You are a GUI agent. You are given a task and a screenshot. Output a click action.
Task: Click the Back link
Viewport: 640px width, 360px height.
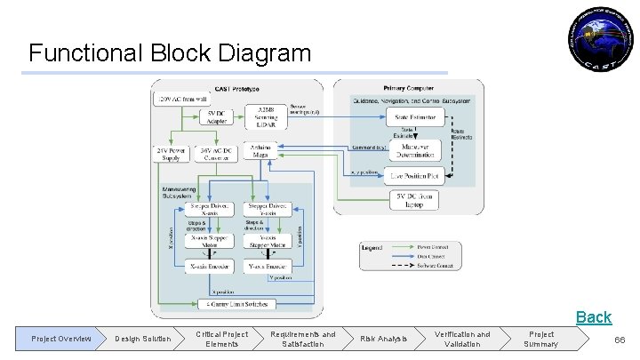click(x=593, y=316)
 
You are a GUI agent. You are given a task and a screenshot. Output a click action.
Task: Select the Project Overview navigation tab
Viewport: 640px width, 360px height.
click(x=61, y=339)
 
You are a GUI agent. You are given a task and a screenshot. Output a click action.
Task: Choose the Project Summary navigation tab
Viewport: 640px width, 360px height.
click(x=541, y=339)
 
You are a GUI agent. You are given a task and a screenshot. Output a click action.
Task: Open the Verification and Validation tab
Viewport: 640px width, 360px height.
click(x=461, y=339)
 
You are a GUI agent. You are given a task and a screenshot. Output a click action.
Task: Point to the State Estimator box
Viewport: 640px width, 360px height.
click(x=415, y=117)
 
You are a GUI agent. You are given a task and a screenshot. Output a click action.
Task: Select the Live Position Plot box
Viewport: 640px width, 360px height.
click(x=415, y=175)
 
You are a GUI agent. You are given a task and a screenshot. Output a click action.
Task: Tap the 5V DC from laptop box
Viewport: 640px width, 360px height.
click(x=415, y=200)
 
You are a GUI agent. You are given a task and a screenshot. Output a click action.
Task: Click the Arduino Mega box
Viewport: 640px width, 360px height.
click(x=260, y=150)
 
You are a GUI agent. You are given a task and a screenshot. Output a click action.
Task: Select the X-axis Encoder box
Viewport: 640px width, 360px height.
click(x=209, y=265)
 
